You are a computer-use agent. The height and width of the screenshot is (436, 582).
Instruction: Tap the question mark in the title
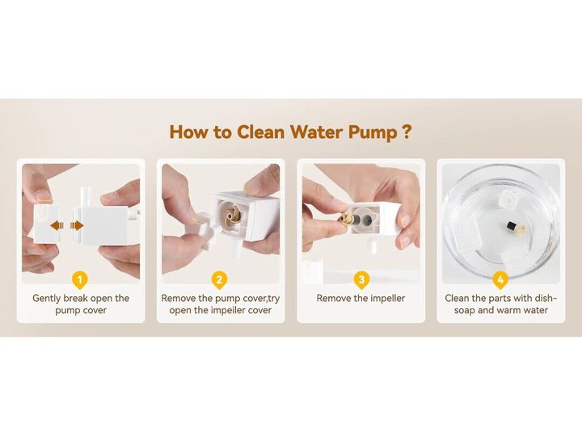(x=407, y=132)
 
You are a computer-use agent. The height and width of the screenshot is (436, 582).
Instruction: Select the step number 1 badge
(x=80, y=280)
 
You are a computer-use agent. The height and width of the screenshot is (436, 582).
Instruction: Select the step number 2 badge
(x=220, y=280)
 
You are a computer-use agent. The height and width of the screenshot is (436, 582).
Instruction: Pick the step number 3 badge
(x=361, y=280)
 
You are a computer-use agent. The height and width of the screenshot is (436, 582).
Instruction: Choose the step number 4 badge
(x=500, y=280)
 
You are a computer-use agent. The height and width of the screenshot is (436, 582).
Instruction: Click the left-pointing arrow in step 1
(x=57, y=225)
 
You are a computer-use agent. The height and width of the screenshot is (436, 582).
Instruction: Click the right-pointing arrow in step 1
(x=77, y=225)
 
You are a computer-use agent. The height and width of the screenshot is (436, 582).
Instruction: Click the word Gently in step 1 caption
(x=46, y=299)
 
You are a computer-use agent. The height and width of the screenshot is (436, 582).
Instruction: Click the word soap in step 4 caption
(x=464, y=311)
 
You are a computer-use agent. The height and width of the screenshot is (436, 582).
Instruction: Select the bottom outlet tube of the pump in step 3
(x=373, y=245)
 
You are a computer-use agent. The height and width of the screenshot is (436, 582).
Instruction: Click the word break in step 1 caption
(x=76, y=298)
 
